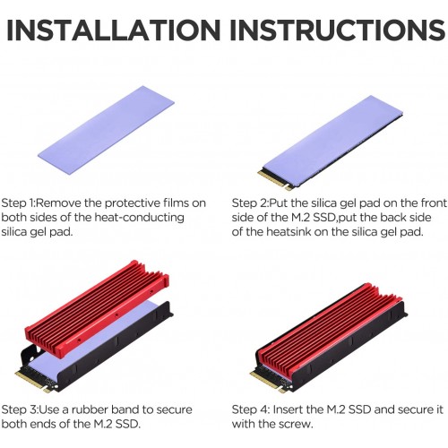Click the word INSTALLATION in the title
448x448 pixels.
click(x=114, y=30)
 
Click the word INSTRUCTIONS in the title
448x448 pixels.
click(x=338, y=30)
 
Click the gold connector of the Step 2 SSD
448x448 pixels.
click(x=274, y=180)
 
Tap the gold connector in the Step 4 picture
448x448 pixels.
click(x=267, y=382)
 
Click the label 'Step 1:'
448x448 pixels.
click(x=19, y=203)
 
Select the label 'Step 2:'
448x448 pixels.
click(x=250, y=203)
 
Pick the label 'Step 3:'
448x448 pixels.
click(x=20, y=409)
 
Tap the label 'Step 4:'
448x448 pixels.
click(x=251, y=409)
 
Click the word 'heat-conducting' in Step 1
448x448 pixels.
click(x=139, y=218)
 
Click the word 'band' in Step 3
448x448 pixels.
click(x=125, y=409)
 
